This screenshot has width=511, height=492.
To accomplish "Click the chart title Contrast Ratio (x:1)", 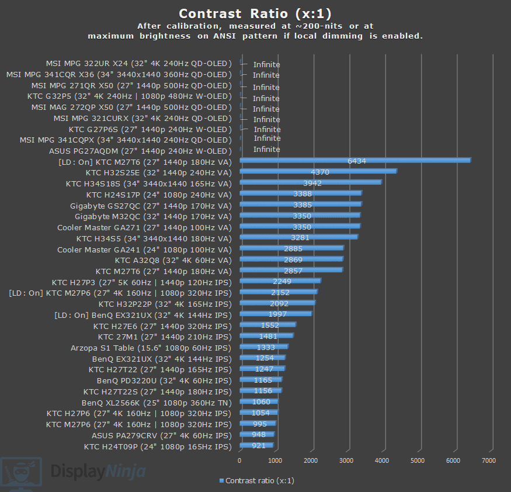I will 256,13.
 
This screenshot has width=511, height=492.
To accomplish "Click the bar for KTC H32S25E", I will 318,171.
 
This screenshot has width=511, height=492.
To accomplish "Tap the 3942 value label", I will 312,183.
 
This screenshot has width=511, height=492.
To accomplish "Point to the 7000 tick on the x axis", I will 488,460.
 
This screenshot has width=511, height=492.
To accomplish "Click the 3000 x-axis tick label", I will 346,460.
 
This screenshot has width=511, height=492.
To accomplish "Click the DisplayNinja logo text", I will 98,471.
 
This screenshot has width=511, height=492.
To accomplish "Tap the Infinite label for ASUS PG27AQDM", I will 266,150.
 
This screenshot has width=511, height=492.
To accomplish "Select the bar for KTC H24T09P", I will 256,446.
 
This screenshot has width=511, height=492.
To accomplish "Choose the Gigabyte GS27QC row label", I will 151,206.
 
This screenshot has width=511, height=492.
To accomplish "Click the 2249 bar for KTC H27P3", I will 280,281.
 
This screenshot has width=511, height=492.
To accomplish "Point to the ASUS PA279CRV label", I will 161,435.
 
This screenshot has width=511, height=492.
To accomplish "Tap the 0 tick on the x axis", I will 239,460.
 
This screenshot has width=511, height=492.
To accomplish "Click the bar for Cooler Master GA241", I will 291,248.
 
